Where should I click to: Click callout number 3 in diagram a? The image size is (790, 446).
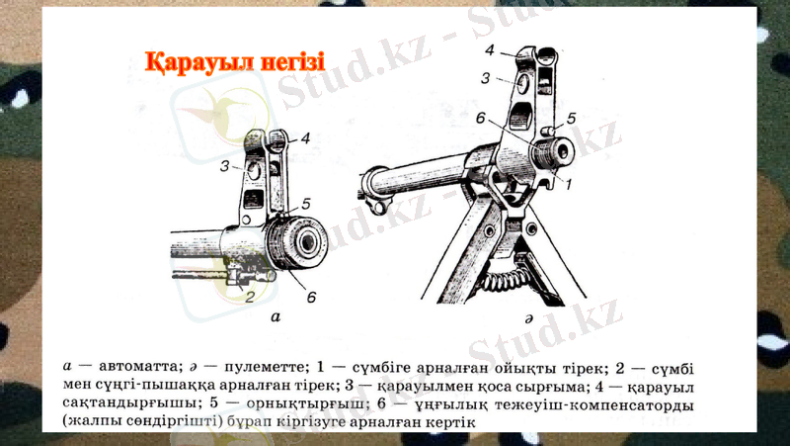[225, 165]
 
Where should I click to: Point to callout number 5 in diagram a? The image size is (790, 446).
[306, 204]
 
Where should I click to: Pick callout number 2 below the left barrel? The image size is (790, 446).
[250, 295]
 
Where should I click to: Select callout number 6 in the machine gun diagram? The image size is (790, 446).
[480, 118]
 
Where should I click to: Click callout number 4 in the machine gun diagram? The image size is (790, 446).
[490, 48]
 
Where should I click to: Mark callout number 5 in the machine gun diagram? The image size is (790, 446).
[572, 119]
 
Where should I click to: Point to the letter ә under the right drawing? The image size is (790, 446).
[529, 318]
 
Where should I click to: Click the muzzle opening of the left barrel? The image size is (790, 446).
[311, 243]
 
